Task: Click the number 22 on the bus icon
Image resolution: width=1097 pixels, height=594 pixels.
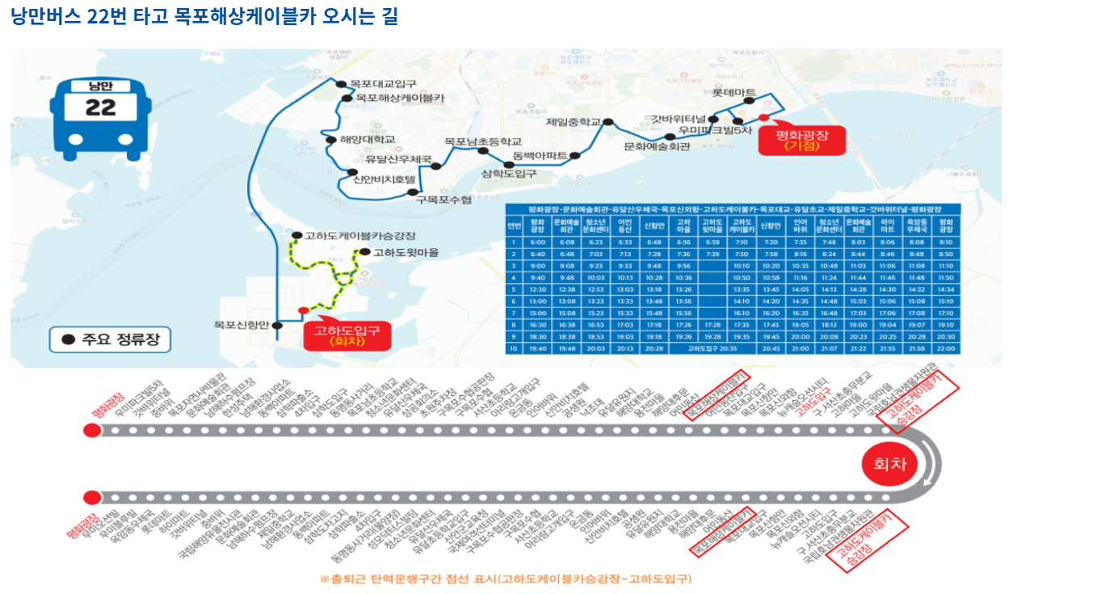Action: tap(100, 107)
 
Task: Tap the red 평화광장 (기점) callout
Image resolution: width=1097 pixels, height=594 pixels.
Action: tap(802, 139)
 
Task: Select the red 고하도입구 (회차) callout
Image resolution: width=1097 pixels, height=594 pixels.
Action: tap(347, 335)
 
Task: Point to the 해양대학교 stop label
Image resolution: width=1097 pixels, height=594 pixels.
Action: tap(368, 140)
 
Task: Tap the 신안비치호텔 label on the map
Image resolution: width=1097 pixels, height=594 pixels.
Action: tap(384, 179)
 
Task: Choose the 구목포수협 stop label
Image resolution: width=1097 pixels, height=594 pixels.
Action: tap(443, 199)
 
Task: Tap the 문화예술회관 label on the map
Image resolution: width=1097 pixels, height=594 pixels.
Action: tap(658, 147)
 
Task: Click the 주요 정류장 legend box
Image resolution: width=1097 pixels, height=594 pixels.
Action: tap(110, 340)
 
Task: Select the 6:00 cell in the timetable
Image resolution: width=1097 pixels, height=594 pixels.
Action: tap(538, 242)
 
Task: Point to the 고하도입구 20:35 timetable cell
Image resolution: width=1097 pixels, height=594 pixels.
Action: tap(712, 348)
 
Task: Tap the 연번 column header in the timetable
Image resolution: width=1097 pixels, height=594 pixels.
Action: tap(514, 225)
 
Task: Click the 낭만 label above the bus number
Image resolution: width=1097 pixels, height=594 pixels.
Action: tap(100, 86)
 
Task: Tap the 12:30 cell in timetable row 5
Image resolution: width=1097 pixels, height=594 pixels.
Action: tap(538, 289)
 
